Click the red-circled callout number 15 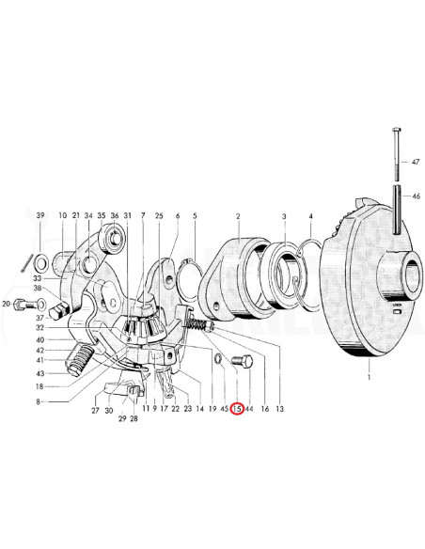click(237, 408)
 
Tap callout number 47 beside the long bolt click(416, 162)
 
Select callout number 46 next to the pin click(416, 196)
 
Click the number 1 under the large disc click(369, 377)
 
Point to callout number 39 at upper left click(40, 215)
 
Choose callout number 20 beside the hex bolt click(7, 305)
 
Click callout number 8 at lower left click(39, 402)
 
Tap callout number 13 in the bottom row click(279, 409)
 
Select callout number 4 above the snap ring click(310, 216)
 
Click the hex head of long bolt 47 click(396, 131)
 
